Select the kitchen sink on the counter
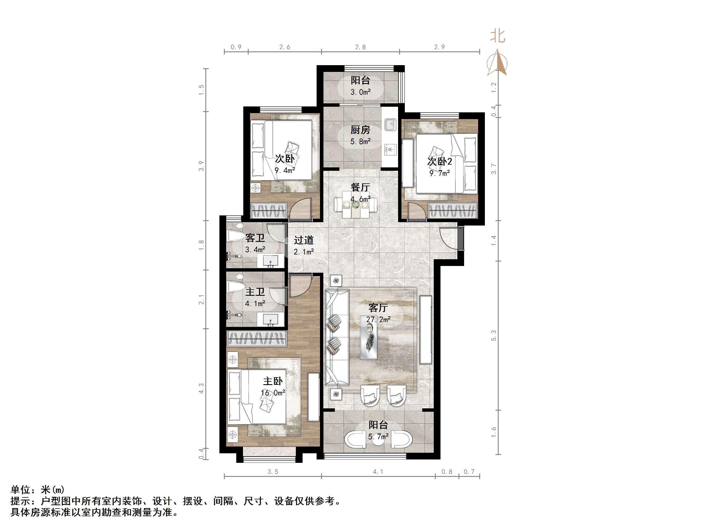tap(390, 124)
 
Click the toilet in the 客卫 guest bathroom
tap(235, 235)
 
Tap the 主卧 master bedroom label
tap(273, 381)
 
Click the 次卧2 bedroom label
tap(440, 162)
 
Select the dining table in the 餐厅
tap(356, 205)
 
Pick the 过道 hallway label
tap(304, 240)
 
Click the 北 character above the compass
tap(498, 36)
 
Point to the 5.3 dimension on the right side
tap(494, 335)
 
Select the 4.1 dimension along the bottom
tap(378, 472)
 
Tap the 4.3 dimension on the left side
tap(201, 389)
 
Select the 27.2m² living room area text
tap(378, 319)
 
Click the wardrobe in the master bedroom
tap(256, 338)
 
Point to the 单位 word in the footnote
tap(21, 489)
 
